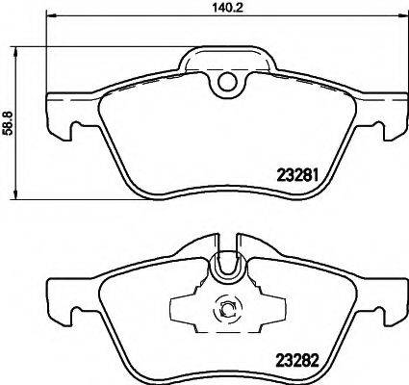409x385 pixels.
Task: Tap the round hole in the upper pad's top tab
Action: pos(228,83)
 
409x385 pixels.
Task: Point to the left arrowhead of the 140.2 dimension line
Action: pos(48,15)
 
